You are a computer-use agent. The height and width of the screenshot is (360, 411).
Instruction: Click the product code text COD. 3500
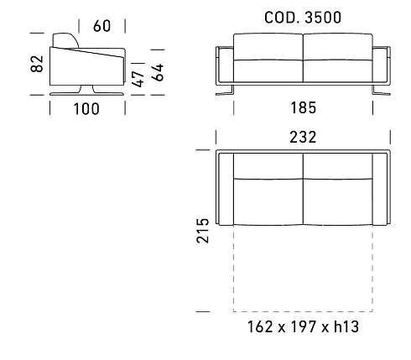coord(303,18)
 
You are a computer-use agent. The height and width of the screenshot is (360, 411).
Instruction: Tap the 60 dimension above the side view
coord(102,26)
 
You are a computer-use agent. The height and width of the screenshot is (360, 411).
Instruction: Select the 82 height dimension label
coord(37,64)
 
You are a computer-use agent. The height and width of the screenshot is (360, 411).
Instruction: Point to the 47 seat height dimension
coord(138,79)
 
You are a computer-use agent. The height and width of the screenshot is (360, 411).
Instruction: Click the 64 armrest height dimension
coord(158,72)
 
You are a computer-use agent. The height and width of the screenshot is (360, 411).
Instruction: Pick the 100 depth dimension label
coord(86,109)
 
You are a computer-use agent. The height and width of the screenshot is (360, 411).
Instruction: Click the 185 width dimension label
coord(304,107)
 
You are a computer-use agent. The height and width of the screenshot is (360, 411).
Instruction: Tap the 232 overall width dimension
coord(303,137)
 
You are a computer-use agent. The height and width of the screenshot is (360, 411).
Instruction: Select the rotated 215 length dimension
coord(203,231)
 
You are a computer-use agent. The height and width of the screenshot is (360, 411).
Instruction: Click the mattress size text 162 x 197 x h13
coord(303,326)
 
